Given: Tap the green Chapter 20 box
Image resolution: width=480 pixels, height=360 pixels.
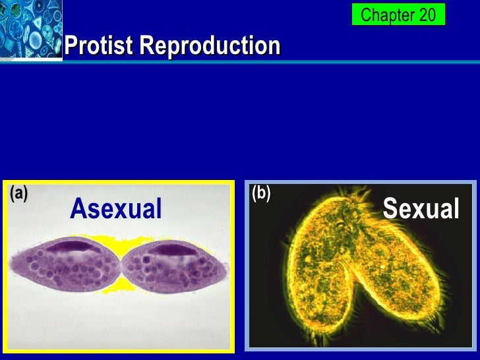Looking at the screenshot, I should (398, 15).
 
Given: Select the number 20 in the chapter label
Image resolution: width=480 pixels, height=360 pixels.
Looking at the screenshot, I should (425, 15).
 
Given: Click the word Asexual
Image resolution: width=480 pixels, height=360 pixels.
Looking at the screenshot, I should (116, 209).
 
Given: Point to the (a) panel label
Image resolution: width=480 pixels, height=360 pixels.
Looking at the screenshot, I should (18, 193).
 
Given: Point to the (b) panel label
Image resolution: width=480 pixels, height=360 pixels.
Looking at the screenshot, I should (261, 193).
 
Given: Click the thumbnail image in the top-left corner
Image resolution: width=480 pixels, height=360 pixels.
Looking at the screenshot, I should (30, 30).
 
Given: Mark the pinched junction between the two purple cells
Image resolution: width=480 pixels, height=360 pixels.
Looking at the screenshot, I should (121, 268).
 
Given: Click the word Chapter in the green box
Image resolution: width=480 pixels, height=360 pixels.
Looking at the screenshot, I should (387, 15).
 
